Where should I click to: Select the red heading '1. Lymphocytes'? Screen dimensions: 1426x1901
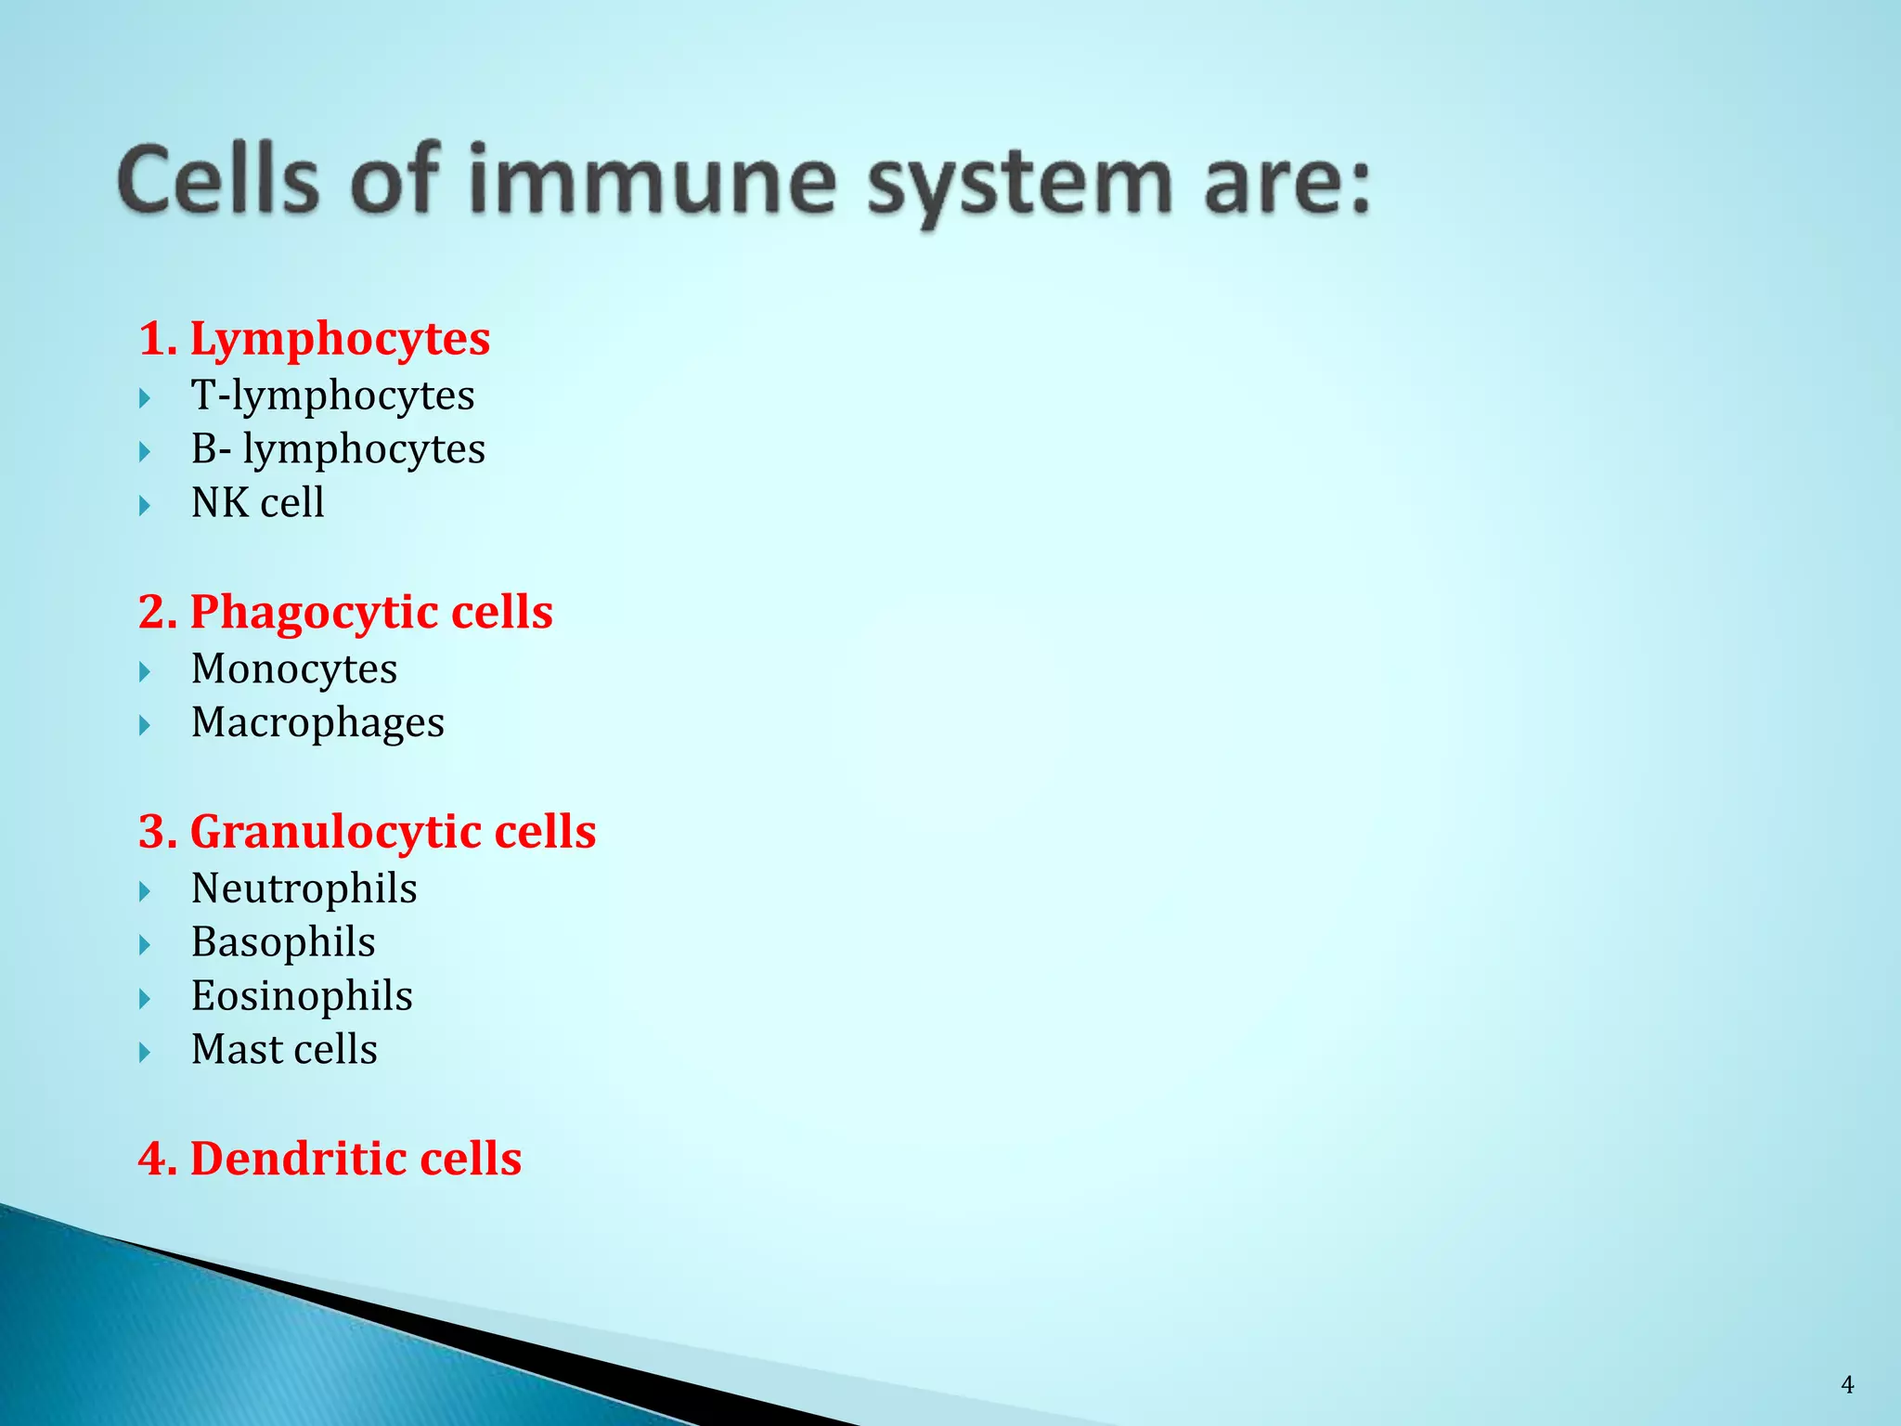pyautogui.click(x=314, y=338)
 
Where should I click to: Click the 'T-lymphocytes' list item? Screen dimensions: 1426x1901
pyautogui.click(x=332, y=396)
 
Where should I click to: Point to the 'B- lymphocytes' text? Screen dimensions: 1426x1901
pyautogui.click(x=338, y=450)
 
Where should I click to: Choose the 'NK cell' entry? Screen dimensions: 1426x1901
pyautogui.click(x=257, y=503)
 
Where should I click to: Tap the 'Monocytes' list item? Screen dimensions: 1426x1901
pyautogui.click(x=293, y=669)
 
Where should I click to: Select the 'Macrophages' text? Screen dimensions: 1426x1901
pyautogui.click(x=317, y=723)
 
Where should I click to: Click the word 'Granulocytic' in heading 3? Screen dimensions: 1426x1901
pyautogui.click(x=335, y=832)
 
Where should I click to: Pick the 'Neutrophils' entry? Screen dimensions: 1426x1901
pyautogui.click(x=304, y=889)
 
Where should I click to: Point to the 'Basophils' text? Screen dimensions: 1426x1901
pyautogui.click(x=283, y=943)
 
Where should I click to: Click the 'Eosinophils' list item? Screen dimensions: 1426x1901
pyautogui.click(x=302, y=997)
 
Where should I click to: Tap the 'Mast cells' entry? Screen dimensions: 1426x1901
pyautogui.click(x=284, y=1050)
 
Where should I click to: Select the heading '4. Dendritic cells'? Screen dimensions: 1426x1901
pyautogui.click(x=330, y=1159)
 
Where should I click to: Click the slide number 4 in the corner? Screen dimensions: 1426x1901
pyautogui.click(x=1847, y=1386)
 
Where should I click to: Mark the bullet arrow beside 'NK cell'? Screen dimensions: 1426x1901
pyautogui.click(x=145, y=506)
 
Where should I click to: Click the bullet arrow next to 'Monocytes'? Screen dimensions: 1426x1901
pyautogui.click(x=145, y=671)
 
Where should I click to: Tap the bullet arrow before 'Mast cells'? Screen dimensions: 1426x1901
pyautogui.click(x=145, y=1053)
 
